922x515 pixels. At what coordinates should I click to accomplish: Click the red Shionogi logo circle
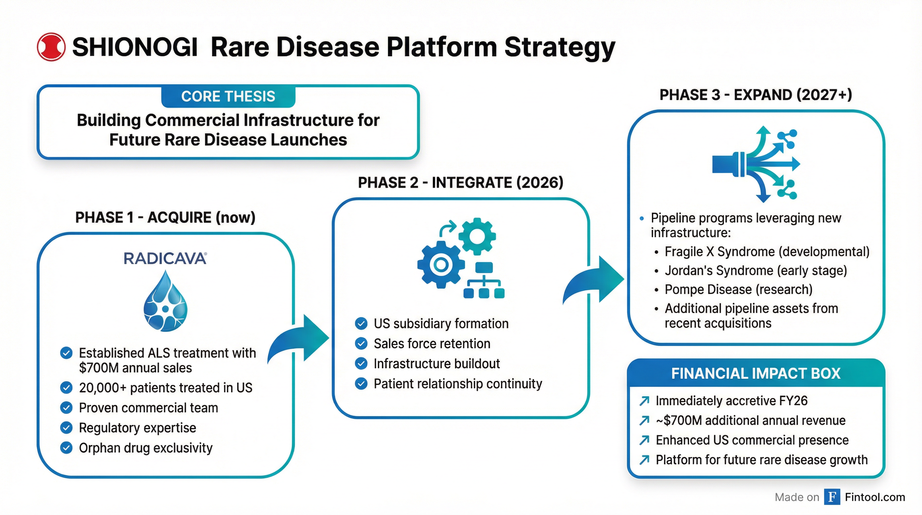[x=51, y=47]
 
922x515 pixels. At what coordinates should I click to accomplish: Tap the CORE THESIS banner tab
[x=228, y=96]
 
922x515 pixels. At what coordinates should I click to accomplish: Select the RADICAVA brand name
[x=165, y=259]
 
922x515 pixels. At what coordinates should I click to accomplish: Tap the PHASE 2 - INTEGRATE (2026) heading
[x=461, y=183]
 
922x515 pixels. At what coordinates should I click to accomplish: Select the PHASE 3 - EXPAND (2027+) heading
[x=755, y=95]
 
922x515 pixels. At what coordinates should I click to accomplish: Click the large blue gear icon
[x=441, y=265]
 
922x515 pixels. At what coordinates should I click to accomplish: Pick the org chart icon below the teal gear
[x=484, y=281]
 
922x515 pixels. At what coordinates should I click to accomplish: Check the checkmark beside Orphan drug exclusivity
[x=66, y=448]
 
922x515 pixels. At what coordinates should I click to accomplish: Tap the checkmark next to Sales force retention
[x=361, y=343]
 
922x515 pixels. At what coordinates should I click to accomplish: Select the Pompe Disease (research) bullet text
[x=738, y=289]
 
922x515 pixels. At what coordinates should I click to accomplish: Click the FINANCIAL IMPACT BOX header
[x=755, y=373]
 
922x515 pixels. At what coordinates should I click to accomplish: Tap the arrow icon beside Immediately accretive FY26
[x=644, y=401]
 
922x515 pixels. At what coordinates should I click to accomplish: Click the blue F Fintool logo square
[x=832, y=497]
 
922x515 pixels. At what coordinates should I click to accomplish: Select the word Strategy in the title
[x=559, y=48]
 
